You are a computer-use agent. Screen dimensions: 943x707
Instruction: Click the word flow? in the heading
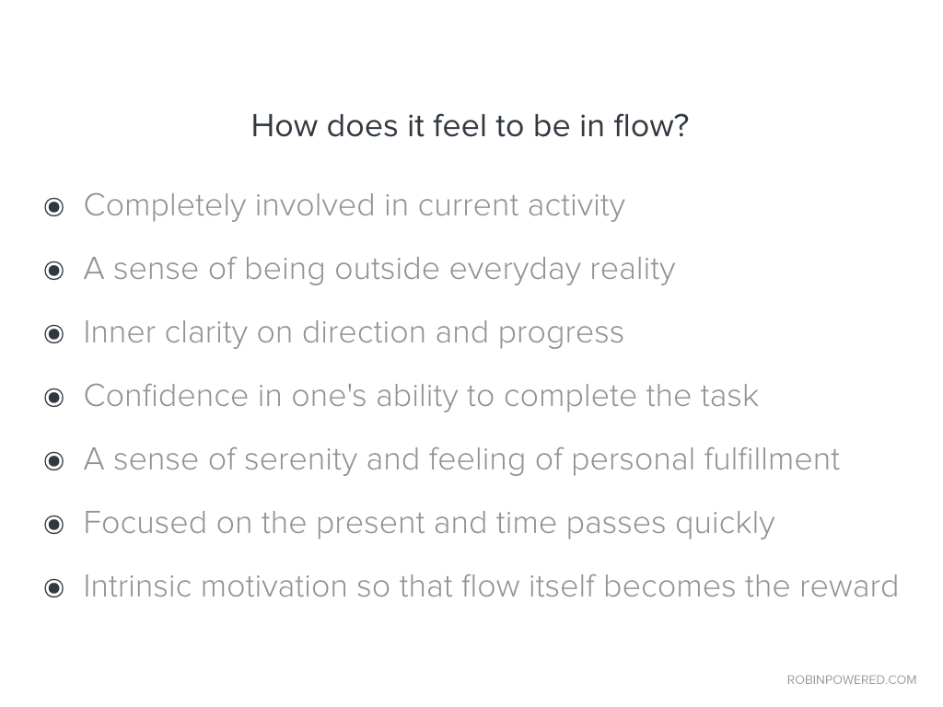(x=651, y=125)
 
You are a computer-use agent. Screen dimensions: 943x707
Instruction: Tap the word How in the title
(x=284, y=125)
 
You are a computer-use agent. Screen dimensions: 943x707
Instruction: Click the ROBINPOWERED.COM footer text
(x=852, y=679)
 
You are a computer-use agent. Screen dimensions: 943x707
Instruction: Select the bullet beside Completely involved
(x=54, y=207)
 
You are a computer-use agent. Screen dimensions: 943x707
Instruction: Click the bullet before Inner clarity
(x=54, y=334)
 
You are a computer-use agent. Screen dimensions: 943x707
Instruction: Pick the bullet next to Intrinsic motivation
(x=54, y=588)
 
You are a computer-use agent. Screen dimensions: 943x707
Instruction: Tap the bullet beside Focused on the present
(x=54, y=524)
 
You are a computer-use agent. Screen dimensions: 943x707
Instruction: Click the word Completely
(x=165, y=206)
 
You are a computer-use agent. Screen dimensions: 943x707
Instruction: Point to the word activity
(x=576, y=206)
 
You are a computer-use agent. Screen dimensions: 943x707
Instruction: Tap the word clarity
(x=205, y=333)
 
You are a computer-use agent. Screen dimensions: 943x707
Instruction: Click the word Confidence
(x=166, y=396)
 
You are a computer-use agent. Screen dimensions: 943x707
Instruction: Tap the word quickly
(x=725, y=524)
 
